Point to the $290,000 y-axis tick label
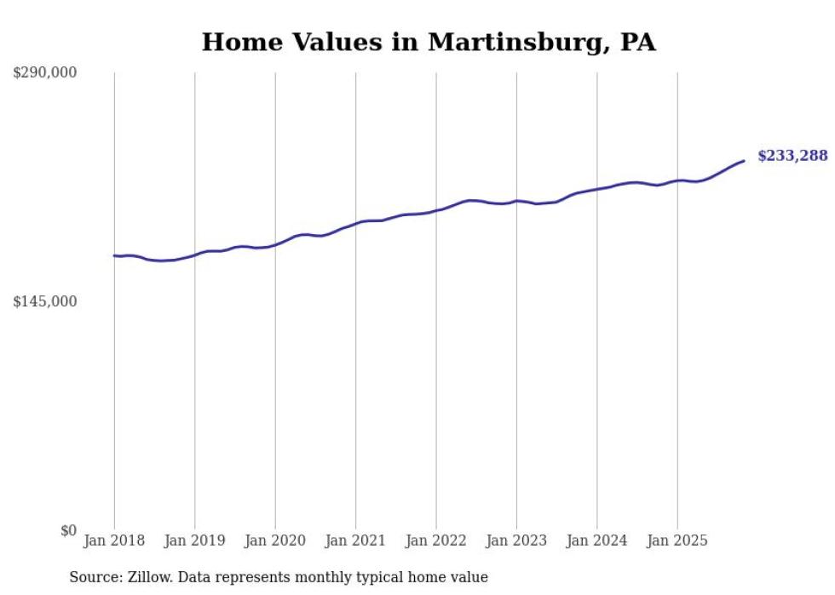tap(45, 73)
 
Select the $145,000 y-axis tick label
tap(45, 301)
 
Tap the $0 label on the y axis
tap(68, 530)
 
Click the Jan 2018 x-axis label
tap(114, 541)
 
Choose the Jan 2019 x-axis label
tap(195, 541)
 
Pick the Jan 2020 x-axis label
tap(275, 541)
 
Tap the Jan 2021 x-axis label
tap(356, 541)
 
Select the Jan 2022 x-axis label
tap(436, 541)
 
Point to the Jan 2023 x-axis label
tap(517, 541)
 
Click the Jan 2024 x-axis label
tap(597, 541)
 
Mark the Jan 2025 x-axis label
tap(677, 541)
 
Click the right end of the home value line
tap(744, 161)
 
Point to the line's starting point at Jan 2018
tap(114, 255)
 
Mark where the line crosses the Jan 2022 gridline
tap(436, 209)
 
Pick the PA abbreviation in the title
tap(637, 42)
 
